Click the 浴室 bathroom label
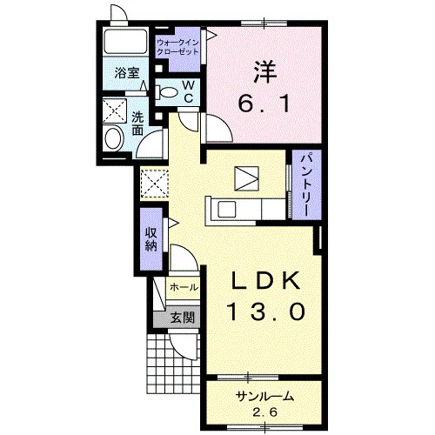pyautogui.click(x=127, y=73)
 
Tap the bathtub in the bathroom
pyautogui.click(x=125, y=41)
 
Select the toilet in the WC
pyautogui.click(x=166, y=92)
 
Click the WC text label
pyautogui.click(x=189, y=92)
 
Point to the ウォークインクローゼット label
pyautogui.click(x=177, y=48)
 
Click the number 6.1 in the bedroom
pyautogui.click(x=264, y=104)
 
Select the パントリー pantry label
pyautogui.click(x=306, y=184)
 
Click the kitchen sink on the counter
pyautogui.click(x=227, y=209)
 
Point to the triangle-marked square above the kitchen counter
pyautogui.click(x=246, y=178)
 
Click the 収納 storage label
pyautogui.click(x=151, y=239)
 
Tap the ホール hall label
pyautogui.click(x=184, y=287)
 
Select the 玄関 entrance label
pyautogui.click(x=182, y=318)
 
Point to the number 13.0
pyautogui.click(x=267, y=311)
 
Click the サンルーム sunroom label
pyautogui.click(x=264, y=396)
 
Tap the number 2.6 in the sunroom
pyautogui.click(x=264, y=412)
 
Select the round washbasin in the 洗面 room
pyautogui.click(x=113, y=138)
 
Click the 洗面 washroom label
pyautogui.click(x=137, y=124)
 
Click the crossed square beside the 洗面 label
pyautogui.click(x=115, y=110)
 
